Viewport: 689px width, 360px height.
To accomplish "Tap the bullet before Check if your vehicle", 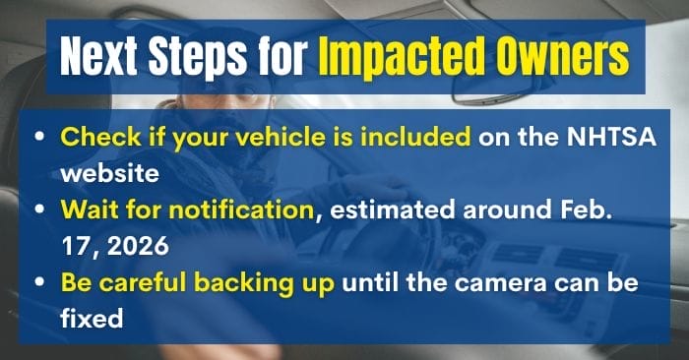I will [39, 138].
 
